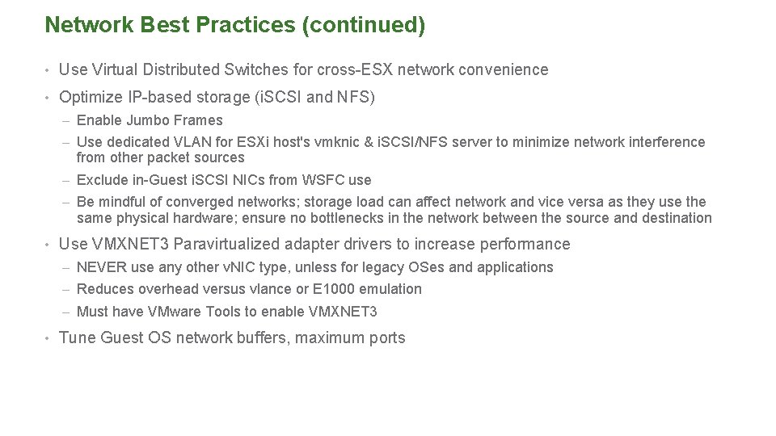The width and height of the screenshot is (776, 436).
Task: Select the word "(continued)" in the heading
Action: click(363, 26)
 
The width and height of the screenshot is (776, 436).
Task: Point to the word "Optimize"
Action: click(91, 98)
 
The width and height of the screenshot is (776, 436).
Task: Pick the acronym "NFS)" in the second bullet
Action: click(356, 98)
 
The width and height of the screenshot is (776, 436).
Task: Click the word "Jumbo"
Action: click(147, 120)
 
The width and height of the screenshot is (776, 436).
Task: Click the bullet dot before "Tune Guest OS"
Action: click(49, 338)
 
